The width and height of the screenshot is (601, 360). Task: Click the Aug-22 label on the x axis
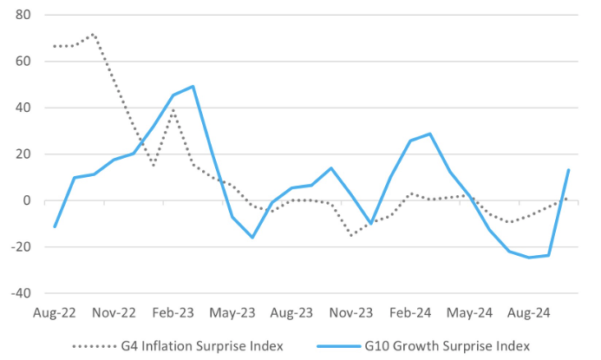click(x=55, y=313)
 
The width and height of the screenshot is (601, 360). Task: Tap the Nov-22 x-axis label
click(x=114, y=313)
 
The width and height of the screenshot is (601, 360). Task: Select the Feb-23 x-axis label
click(x=173, y=313)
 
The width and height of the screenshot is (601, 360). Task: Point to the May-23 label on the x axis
click(x=233, y=313)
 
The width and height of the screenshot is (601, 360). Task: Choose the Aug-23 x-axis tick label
click(x=292, y=313)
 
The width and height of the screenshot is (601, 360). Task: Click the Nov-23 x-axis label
click(x=352, y=313)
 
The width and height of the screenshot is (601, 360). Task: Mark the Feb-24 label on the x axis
click(x=411, y=313)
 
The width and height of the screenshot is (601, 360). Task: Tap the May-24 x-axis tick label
click(x=471, y=313)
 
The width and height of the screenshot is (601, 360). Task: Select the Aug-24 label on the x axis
click(x=530, y=313)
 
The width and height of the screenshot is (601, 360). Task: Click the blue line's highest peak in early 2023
click(x=192, y=86)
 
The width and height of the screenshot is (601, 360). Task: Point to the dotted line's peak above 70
click(x=93, y=35)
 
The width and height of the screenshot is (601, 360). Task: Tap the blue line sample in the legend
click(x=340, y=345)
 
